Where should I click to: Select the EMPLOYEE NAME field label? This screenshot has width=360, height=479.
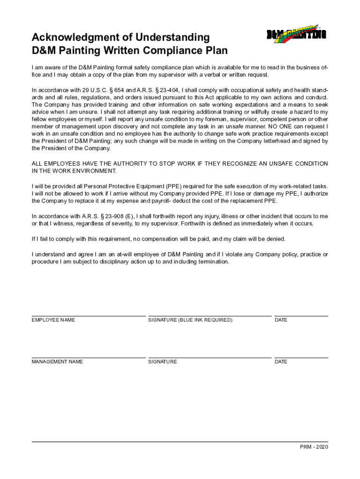coord(53,320)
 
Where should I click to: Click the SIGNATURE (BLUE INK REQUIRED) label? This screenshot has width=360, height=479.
coord(190,320)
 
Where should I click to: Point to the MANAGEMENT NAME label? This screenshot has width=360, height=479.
coord(58,362)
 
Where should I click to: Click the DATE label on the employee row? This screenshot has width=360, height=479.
coord(281,320)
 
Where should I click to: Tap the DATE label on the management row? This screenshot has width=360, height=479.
coord(281,362)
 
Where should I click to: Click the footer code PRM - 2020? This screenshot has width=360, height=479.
coord(314,447)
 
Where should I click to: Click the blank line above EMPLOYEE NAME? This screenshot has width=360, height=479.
coord(88,316)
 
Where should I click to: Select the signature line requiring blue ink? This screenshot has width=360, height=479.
coord(209,316)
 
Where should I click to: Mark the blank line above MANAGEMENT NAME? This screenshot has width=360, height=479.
coord(88,358)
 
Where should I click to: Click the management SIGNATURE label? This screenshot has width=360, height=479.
coord(163,362)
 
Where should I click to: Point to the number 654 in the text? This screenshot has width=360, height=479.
coord(119,90)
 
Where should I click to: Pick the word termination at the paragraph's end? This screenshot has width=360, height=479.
coord(213,261)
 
